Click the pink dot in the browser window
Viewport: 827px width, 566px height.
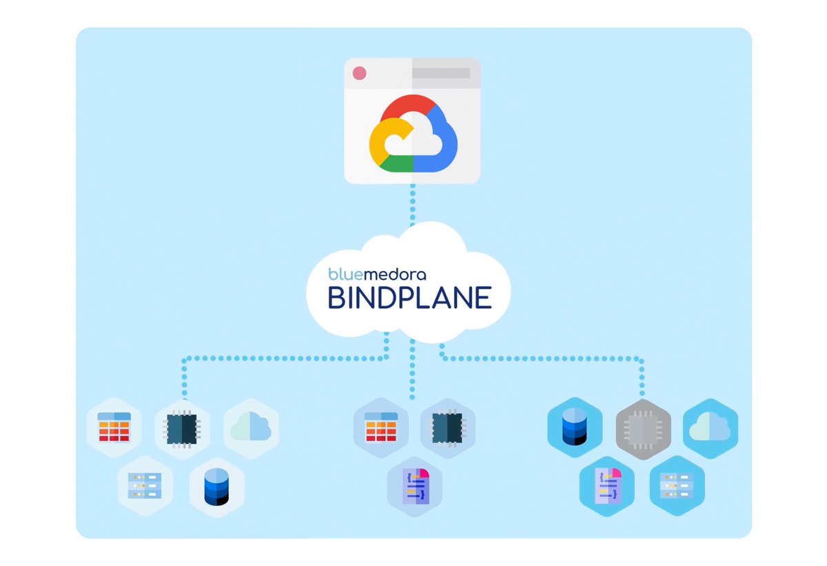(359, 73)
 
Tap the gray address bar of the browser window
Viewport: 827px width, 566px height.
(441, 72)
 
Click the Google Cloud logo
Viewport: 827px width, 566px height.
(413, 133)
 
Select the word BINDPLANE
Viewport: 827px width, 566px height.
(409, 297)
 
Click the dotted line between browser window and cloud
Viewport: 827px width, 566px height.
(413, 203)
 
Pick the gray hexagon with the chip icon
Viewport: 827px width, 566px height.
(642, 429)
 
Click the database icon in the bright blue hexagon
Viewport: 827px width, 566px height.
(574, 427)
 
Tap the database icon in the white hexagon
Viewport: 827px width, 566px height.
(216, 487)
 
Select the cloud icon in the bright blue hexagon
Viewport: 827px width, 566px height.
(710, 428)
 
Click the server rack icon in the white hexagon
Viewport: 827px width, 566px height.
(145, 485)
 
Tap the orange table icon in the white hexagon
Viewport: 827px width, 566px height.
(114, 427)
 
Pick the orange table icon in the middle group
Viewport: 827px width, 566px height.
(380, 427)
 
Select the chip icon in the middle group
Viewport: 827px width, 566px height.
(447, 427)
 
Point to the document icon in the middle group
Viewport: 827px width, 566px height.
(414, 486)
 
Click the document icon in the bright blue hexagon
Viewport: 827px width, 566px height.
(606, 487)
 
